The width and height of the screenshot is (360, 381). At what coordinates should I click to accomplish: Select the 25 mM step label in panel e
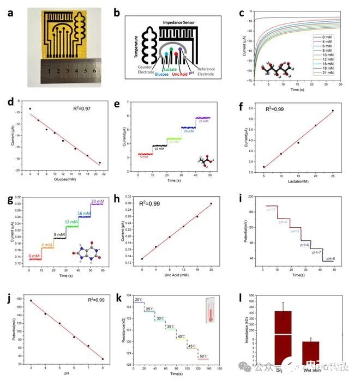[203, 121]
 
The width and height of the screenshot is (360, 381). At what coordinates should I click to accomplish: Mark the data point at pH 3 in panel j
[31, 300]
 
